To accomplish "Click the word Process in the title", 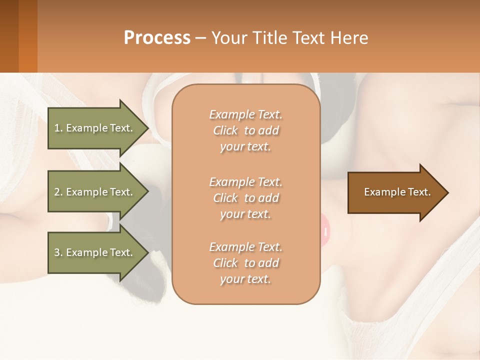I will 157,38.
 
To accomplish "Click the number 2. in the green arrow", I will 58,192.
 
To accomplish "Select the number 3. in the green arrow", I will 58,252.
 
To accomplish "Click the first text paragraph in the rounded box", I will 245,130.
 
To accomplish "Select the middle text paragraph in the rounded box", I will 245,198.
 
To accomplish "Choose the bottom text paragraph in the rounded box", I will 245,263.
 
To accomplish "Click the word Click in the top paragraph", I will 225,130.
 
